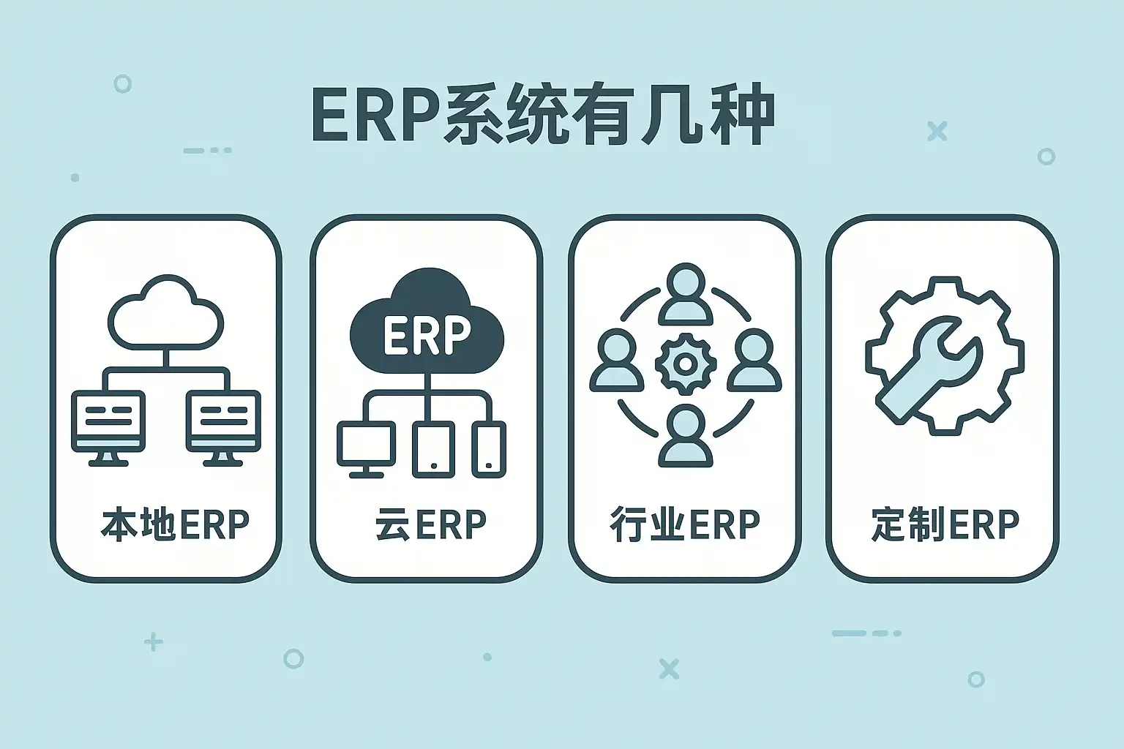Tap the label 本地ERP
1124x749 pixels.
click(175, 524)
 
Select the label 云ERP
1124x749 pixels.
click(431, 524)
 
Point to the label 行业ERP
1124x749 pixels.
click(684, 524)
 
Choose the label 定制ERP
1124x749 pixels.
click(945, 524)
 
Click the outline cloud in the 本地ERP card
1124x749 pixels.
click(165, 312)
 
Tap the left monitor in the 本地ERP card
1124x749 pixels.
click(108, 428)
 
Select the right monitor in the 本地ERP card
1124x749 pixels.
click(224, 428)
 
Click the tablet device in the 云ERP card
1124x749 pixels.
click(433, 450)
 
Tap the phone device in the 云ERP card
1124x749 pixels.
click(489, 450)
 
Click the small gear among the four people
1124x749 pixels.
click(686, 363)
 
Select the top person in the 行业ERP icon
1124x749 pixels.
click(686, 294)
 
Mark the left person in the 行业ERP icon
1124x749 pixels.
click(617, 360)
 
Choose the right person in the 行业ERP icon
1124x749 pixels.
click(754, 360)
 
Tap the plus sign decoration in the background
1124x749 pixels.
click(154, 642)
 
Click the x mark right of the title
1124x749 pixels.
click(937, 131)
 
